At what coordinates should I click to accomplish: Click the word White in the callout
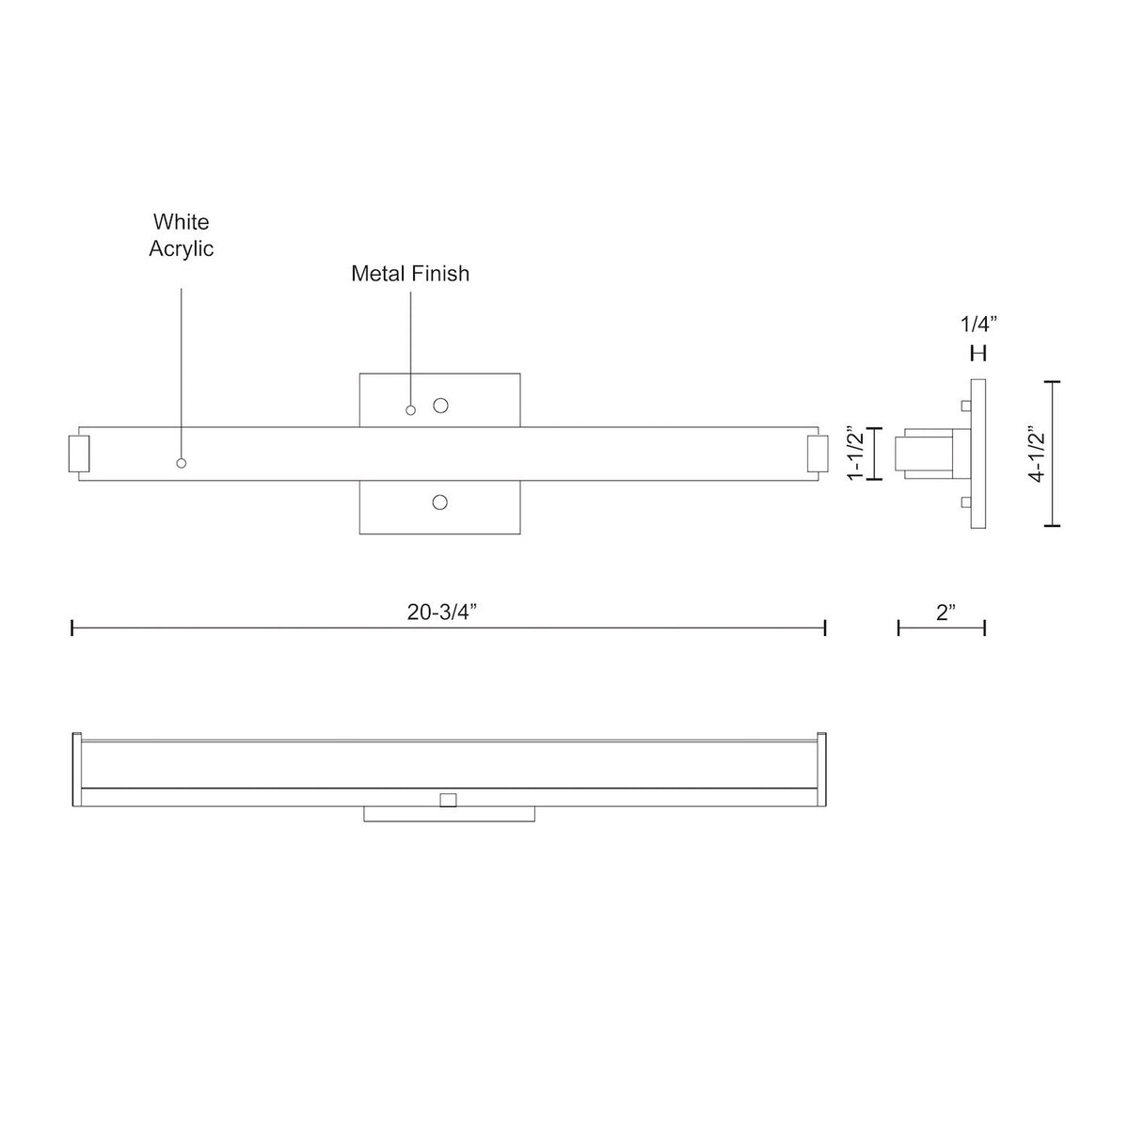[181, 222]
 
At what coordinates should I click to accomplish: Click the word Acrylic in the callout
[181, 249]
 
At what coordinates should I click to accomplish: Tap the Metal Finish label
[410, 274]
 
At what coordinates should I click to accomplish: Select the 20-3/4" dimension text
[442, 612]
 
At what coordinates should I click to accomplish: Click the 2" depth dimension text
[946, 612]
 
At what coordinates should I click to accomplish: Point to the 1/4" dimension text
[978, 324]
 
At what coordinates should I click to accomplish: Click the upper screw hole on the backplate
[440, 405]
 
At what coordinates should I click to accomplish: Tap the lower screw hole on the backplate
[440, 502]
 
